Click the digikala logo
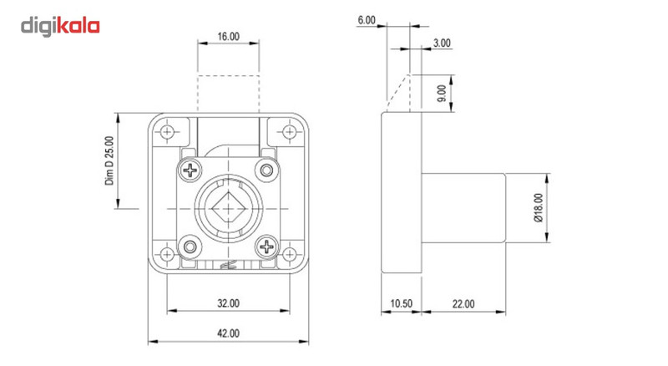(x=60, y=25)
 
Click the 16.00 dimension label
(x=228, y=37)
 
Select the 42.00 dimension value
(x=228, y=333)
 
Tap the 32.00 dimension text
(x=228, y=302)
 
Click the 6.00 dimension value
(x=367, y=19)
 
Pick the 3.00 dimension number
(x=442, y=43)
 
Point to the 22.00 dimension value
(x=464, y=303)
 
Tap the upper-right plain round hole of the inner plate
(x=267, y=170)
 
